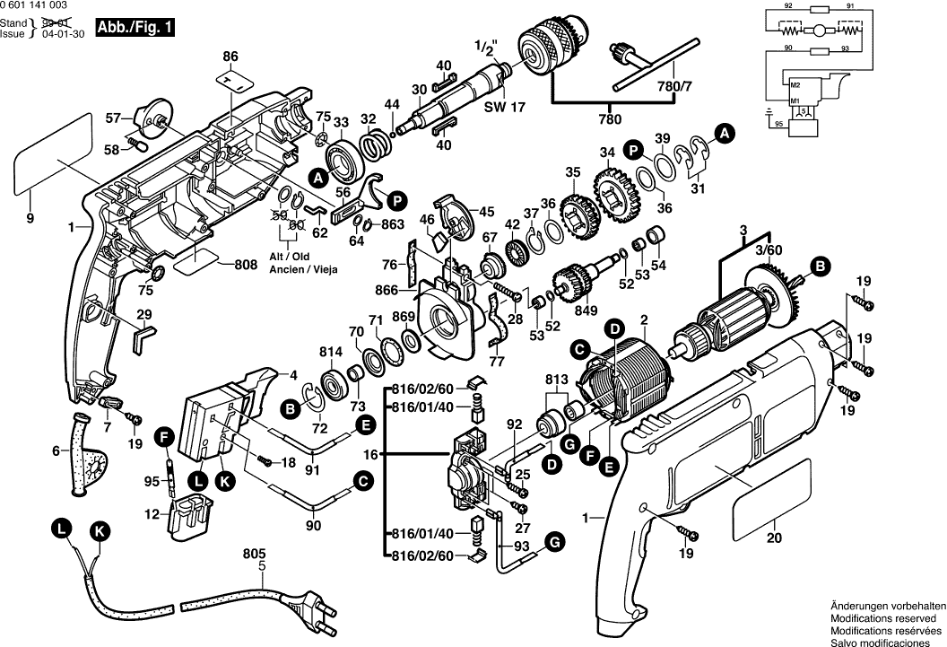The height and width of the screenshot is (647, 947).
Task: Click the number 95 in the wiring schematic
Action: pyautogui.click(x=778, y=123)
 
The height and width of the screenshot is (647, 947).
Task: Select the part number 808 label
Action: pyautogui.click(x=246, y=265)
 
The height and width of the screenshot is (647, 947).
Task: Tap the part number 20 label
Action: pyautogui.click(x=775, y=538)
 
